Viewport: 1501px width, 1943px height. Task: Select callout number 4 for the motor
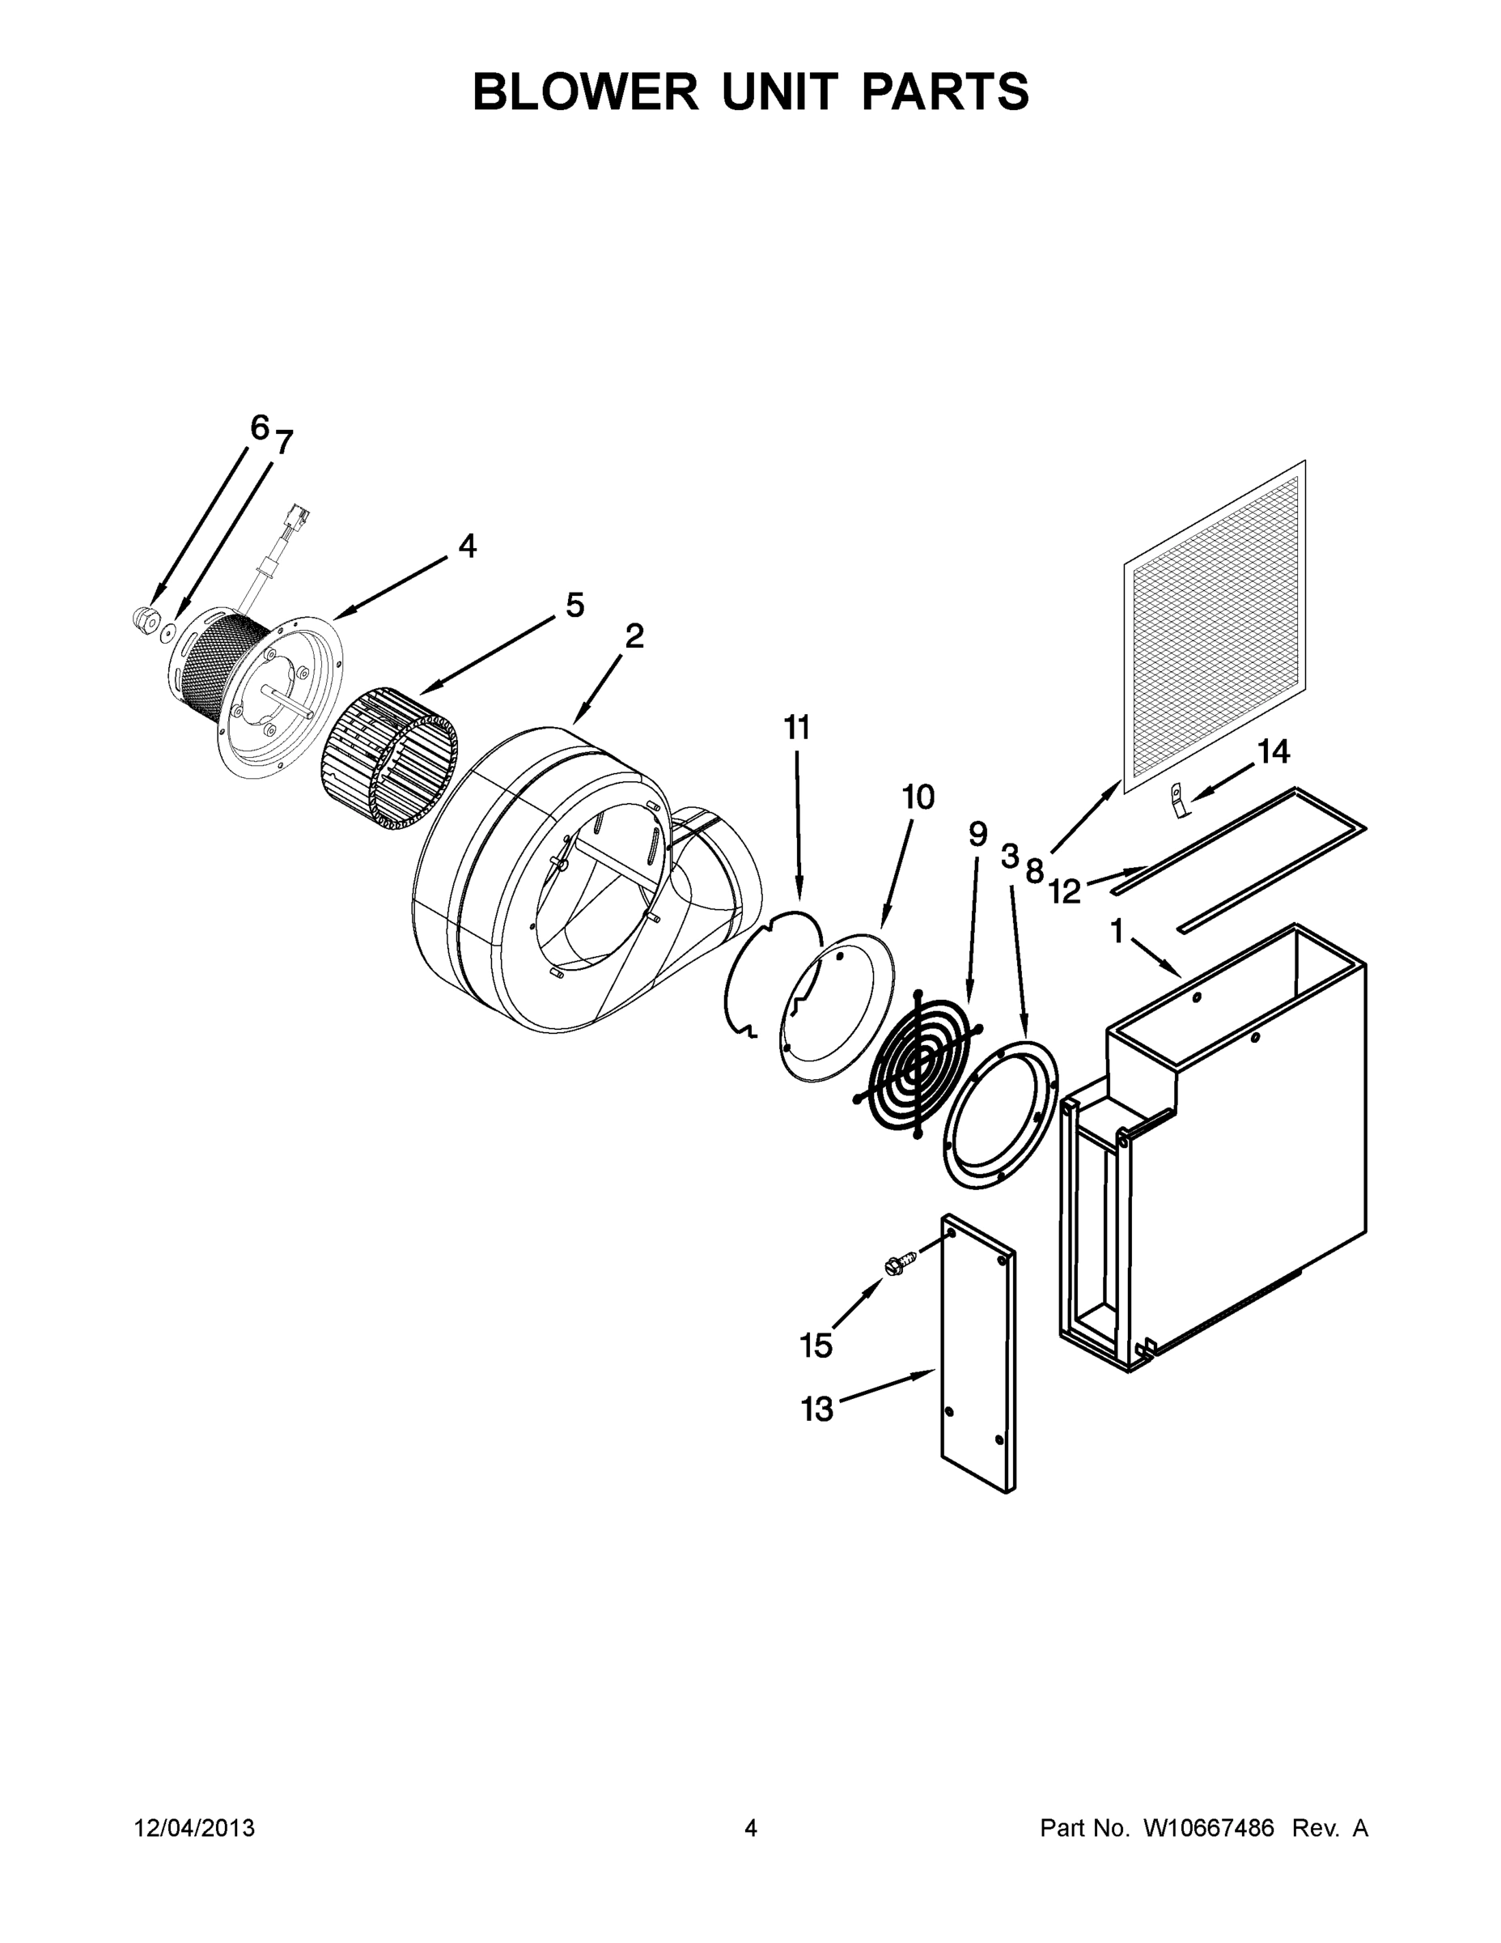pyautogui.click(x=467, y=546)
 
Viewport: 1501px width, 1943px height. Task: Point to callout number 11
pyautogui.click(x=797, y=728)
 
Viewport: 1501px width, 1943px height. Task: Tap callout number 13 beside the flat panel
pyautogui.click(x=817, y=1409)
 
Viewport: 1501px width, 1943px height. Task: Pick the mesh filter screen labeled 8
pyautogui.click(x=1214, y=627)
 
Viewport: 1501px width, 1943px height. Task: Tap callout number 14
pyautogui.click(x=1273, y=752)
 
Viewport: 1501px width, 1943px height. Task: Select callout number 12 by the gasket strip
pyautogui.click(x=1063, y=891)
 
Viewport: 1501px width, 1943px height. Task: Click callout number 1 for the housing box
pyautogui.click(x=1117, y=932)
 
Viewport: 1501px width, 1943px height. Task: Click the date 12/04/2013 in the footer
pyautogui.click(x=195, y=1827)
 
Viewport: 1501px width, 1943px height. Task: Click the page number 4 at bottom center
pyautogui.click(x=751, y=1827)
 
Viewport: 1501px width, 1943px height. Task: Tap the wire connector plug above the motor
pyautogui.click(x=295, y=518)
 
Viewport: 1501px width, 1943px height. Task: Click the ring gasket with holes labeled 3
pyautogui.click(x=999, y=1112)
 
